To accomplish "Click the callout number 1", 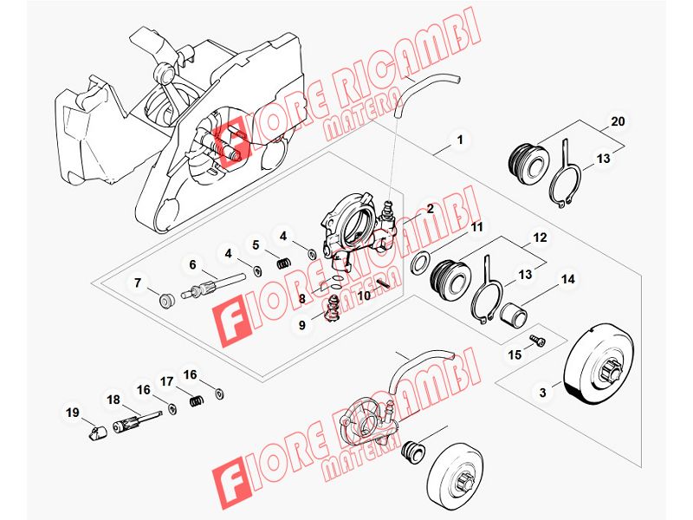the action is [460, 140].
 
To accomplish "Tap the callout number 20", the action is [618, 121].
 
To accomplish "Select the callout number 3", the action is [543, 393].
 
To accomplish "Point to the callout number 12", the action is [540, 237].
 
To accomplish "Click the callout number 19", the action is [73, 413].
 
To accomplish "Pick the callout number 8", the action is [301, 299].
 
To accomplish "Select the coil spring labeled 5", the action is [283, 263].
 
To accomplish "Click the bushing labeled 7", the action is [166, 302].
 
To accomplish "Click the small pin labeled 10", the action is [383, 283].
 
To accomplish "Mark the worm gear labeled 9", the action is [332, 309].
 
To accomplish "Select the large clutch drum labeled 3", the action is [602, 366].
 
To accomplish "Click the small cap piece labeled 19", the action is [96, 433].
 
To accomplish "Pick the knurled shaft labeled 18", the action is [137, 422].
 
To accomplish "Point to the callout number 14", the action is [568, 279].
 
